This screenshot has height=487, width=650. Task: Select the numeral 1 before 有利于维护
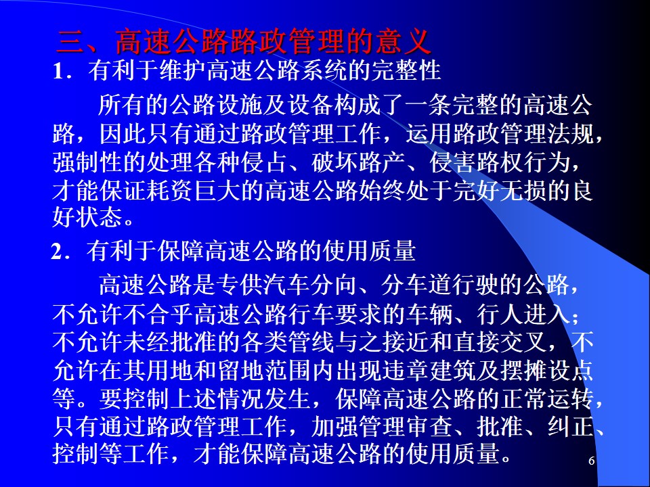58,71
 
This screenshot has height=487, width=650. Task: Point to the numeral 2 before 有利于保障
56,252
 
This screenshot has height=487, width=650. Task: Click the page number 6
592,461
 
